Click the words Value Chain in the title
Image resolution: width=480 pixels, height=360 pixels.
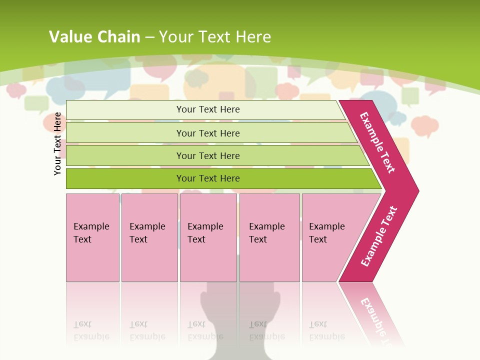point(94,36)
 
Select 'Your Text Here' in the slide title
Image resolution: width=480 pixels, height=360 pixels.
point(215,36)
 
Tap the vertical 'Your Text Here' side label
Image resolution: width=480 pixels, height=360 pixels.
point(57,143)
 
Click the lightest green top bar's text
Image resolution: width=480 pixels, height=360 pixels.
point(208,109)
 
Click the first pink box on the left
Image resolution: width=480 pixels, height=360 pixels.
point(92,237)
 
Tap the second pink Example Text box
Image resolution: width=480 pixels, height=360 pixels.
point(149,237)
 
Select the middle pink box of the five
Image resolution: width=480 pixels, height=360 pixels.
point(208,237)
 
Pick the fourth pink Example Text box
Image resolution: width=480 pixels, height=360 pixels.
point(269,237)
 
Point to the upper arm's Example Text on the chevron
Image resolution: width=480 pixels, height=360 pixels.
point(377,142)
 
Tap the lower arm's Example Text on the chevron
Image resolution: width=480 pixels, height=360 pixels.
point(378,236)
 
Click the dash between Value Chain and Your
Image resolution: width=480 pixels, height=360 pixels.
point(149,37)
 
